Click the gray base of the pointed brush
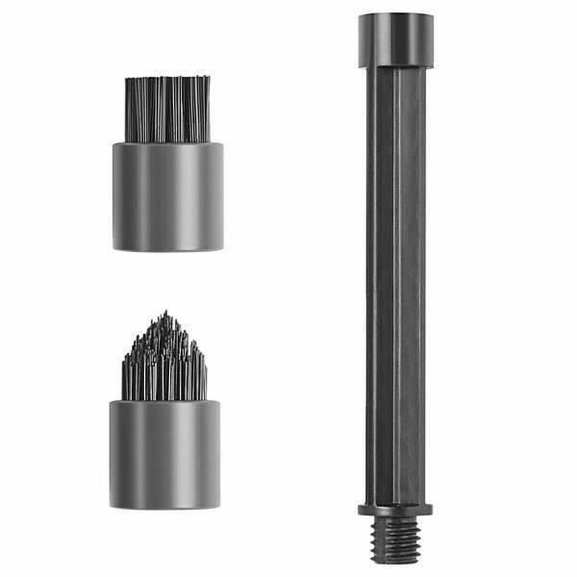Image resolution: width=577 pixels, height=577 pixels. click(x=165, y=454)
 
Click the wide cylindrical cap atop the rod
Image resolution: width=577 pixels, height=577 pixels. click(x=396, y=41)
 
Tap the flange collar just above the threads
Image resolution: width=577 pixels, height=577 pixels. click(x=395, y=510)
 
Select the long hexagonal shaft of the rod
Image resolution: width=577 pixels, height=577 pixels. click(x=396, y=288)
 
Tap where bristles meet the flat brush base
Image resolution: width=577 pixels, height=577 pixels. click(x=168, y=142)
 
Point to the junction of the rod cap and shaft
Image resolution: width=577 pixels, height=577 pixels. click(x=396, y=67)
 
